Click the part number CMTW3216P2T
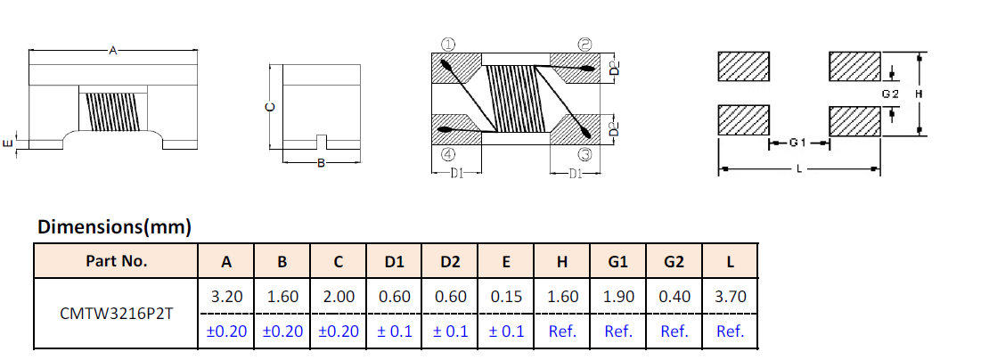coord(116,315)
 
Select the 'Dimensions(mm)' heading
coord(114,228)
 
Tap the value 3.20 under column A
coord(226,297)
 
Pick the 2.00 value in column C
coord(339,297)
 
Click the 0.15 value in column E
coord(506,297)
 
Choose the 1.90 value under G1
coord(617,297)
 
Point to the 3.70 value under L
coord(731,297)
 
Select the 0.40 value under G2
coord(674,297)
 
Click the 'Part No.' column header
coord(116,261)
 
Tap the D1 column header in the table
coord(394,262)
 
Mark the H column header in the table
coord(562,262)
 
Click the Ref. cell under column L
coord(731,331)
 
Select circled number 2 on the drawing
coord(584,43)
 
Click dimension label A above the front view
coord(112,51)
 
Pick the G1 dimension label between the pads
coord(797,143)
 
